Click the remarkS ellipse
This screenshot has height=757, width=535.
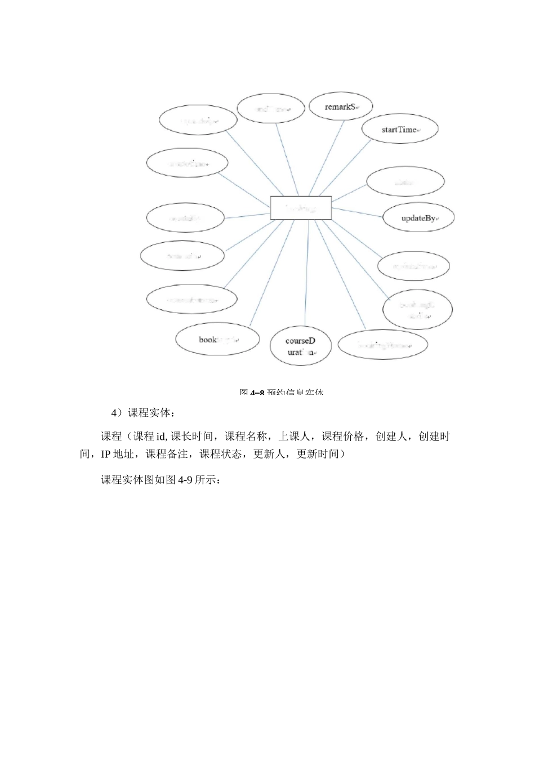(341, 106)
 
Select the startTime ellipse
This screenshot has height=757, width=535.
(400, 130)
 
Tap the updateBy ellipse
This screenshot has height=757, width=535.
(418, 218)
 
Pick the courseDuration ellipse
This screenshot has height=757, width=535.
(300, 346)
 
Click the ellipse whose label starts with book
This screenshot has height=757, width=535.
(217, 340)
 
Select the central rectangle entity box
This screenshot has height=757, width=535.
(301, 208)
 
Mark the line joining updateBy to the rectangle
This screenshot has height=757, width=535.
(358, 212)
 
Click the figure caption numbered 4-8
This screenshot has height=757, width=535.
(281, 391)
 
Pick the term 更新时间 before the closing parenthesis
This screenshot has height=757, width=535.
(317, 454)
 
